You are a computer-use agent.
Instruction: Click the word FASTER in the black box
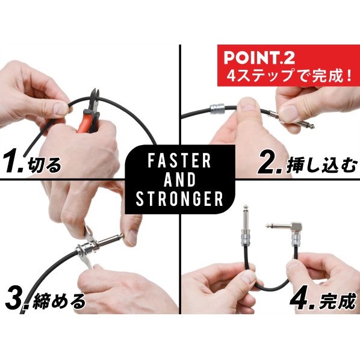coord(179,161)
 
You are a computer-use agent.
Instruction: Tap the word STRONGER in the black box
coord(179,198)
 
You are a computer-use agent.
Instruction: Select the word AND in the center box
coord(179,179)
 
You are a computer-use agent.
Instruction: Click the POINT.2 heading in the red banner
coord(259,58)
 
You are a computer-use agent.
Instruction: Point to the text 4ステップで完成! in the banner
coord(290,75)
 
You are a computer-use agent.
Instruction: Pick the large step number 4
coord(303,297)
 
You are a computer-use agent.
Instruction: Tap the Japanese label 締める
coord(59,300)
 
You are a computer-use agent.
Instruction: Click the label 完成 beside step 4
coord(338,301)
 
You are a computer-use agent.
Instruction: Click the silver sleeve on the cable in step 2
coord(217,109)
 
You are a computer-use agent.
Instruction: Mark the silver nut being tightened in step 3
coord(85,250)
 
